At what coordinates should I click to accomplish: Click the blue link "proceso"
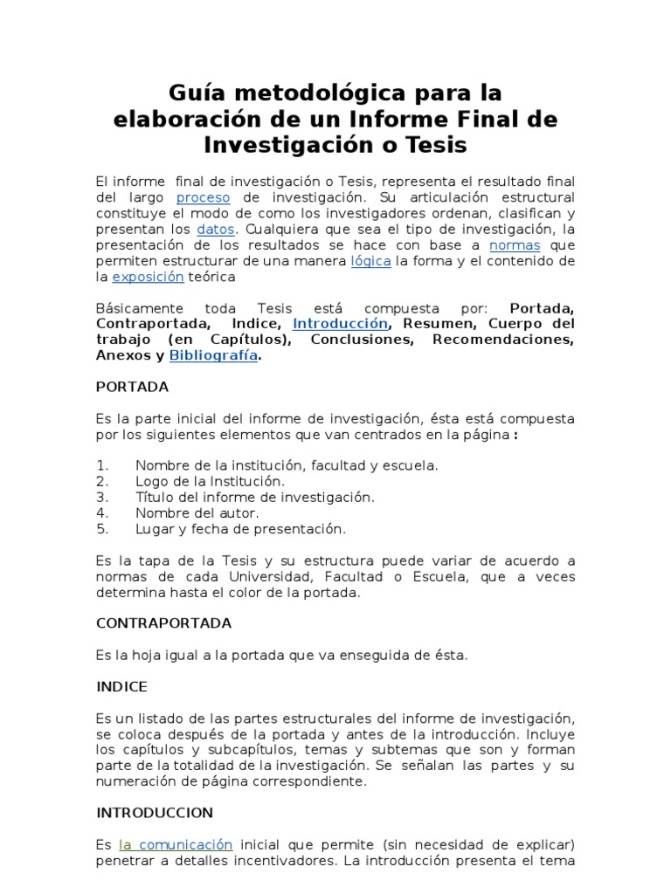[204, 197]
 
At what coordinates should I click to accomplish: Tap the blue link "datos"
[216, 229]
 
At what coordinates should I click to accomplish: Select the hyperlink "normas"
[515, 244]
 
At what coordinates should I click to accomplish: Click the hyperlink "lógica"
[370, 260]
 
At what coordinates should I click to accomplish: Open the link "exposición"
[149, 276]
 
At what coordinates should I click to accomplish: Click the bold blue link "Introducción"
[340, 323]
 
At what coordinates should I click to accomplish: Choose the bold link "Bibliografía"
[214, 354]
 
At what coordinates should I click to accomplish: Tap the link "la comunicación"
[176, 844]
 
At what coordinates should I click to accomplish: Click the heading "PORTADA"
[132, 386]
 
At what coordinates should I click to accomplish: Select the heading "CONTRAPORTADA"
[163, 623]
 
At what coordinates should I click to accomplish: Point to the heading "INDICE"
[121, 686]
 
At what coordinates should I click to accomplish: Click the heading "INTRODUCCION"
[155, 812]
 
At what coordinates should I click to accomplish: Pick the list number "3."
[102, 497]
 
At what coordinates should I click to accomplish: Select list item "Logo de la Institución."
[210, 481]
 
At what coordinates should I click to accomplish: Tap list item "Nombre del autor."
[197, 512]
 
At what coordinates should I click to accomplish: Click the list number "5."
[102, 528]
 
